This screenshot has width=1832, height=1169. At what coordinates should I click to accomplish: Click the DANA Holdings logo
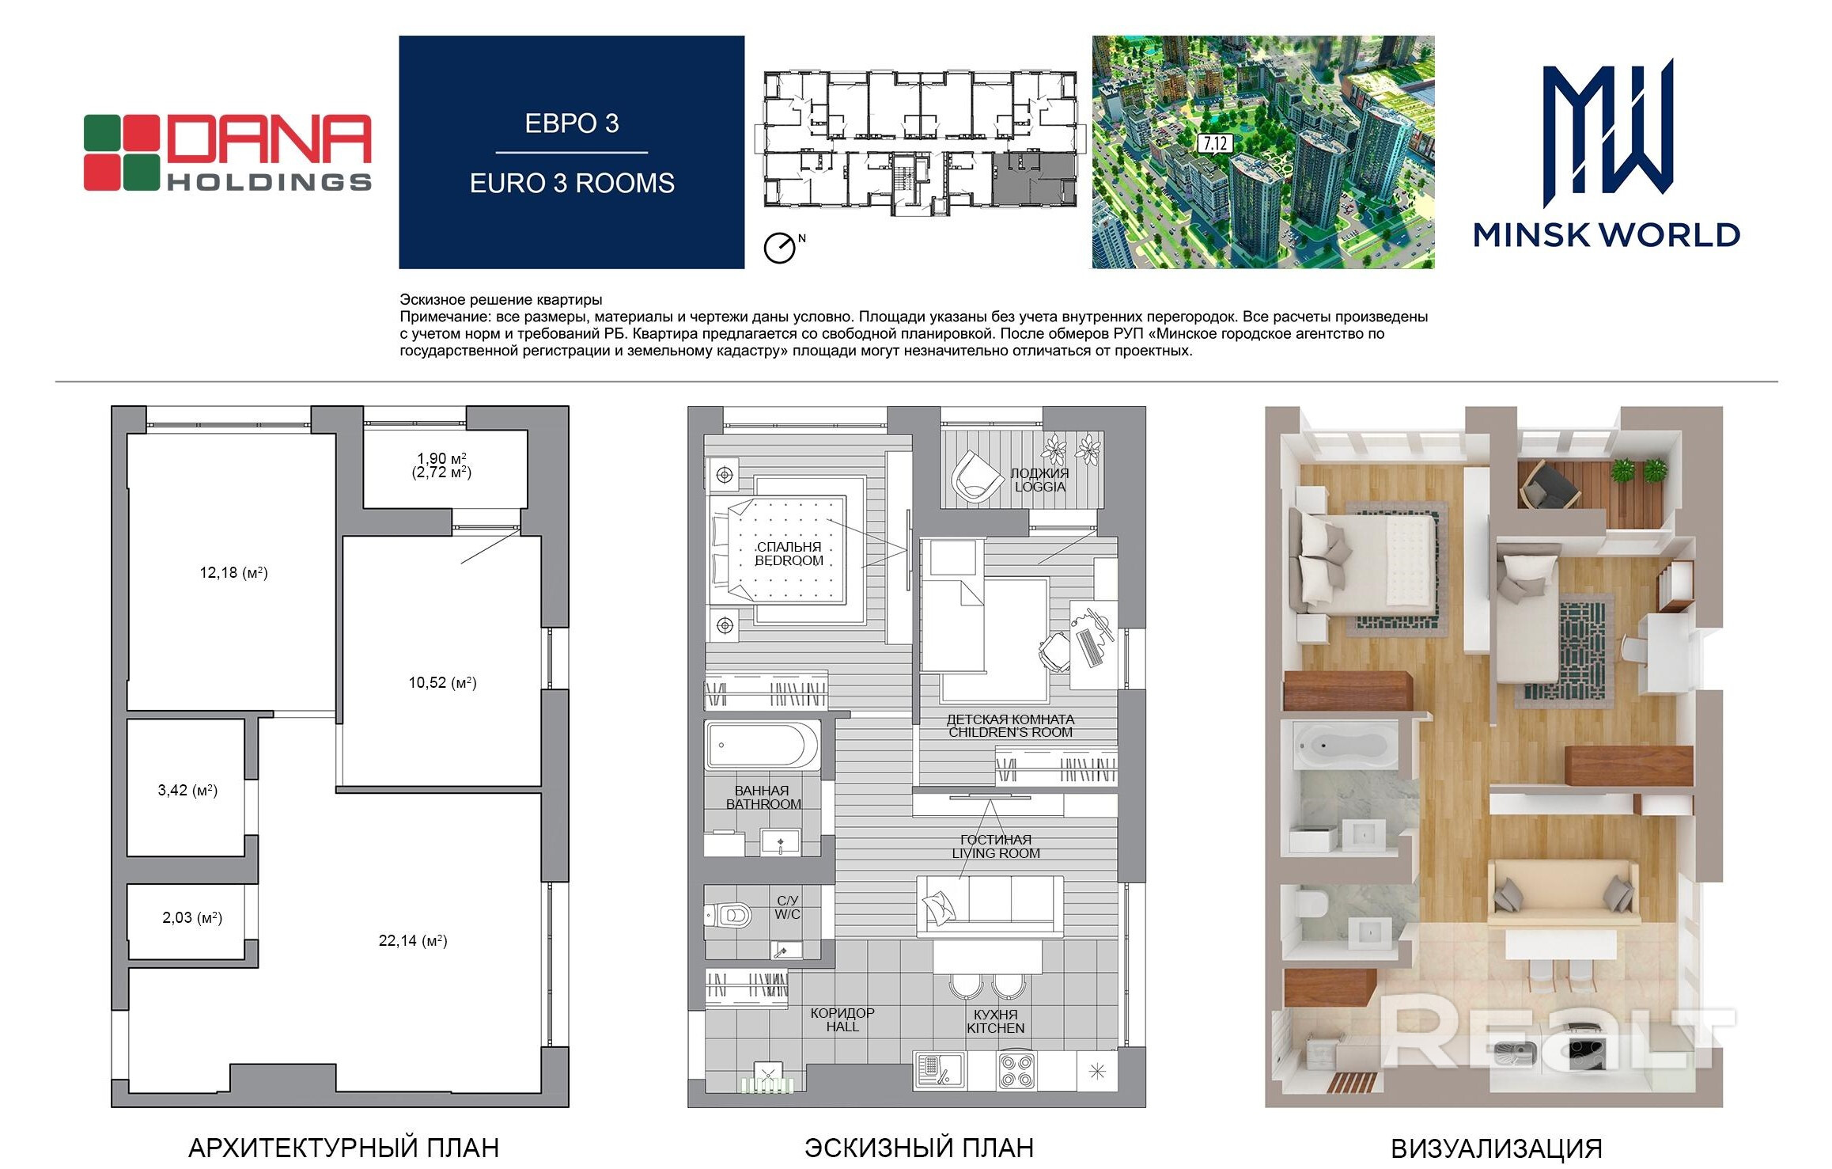coord(228,153)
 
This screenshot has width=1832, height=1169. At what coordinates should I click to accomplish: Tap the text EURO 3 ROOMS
coord(572,183)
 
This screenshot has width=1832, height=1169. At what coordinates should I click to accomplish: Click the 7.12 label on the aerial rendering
coord(1214,143)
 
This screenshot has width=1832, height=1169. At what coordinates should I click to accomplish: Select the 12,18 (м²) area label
coord(233,572)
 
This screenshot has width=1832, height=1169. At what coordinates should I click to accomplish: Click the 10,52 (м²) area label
coord(442,682)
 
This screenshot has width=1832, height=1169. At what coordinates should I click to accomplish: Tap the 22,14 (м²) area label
coord(413,940)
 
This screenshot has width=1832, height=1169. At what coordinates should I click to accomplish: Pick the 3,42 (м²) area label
coord(187,790)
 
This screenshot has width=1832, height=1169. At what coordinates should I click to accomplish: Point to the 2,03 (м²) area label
coord(192,917)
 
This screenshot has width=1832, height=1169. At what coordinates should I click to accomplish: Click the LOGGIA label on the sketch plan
coord(1040,487)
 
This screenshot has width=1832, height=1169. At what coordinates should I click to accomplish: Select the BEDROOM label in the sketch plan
coord(789,560)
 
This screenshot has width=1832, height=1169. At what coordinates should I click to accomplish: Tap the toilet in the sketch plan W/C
coord(729,916)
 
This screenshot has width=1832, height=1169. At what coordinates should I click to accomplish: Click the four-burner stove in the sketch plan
coord(1016,1071)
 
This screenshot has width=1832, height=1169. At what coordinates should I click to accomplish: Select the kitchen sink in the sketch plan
coord(938,1071)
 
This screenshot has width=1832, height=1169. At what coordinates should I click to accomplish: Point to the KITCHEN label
coord(995,1028)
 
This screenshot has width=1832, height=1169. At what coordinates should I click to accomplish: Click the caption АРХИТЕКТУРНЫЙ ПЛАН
coord(343,1148)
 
